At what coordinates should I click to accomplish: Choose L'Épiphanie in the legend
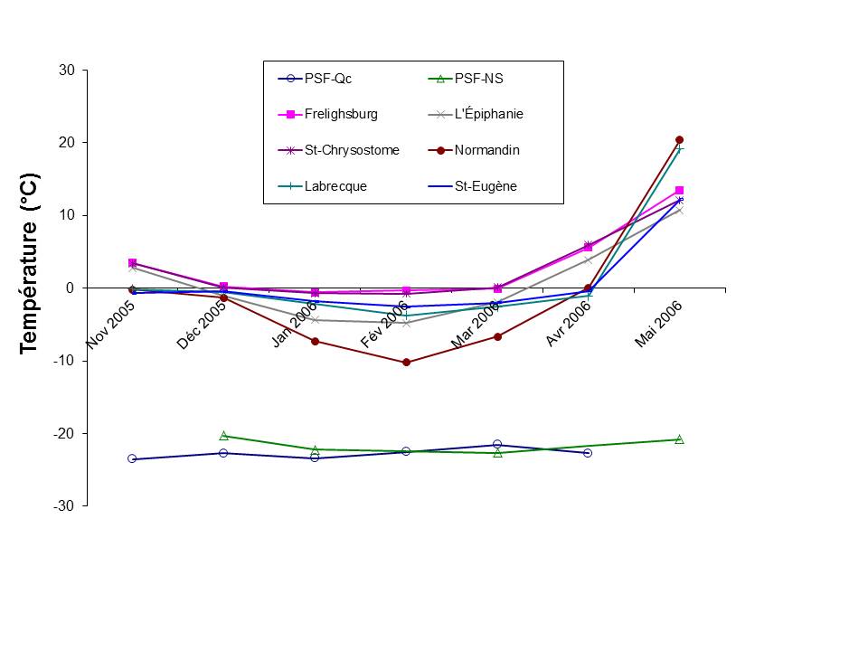488,115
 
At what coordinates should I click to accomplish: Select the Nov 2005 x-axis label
111,325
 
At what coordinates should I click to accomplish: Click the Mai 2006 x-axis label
657,325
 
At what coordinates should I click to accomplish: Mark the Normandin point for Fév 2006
406,363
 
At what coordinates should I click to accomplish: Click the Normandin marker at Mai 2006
679,140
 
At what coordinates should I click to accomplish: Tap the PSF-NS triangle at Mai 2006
679,439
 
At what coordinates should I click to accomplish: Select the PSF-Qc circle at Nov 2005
132,459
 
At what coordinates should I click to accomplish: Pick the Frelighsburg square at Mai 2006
679,191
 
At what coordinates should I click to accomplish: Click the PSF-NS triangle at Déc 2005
223,436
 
